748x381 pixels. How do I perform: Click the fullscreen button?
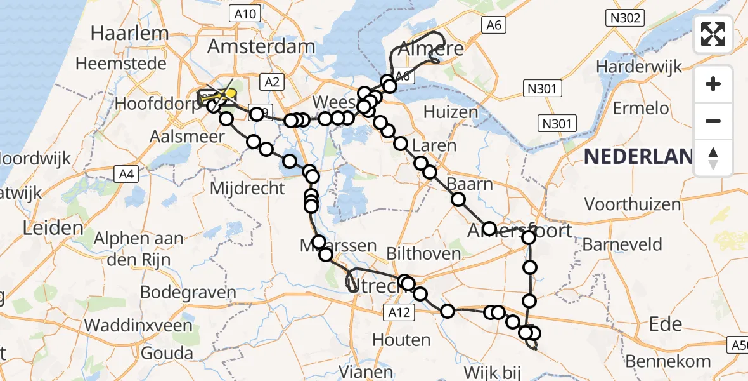click(713, 34)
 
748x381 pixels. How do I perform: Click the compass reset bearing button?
click(713, 158)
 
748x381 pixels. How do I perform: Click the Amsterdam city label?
click(261, 46)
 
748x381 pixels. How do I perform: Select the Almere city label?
click(430, 49)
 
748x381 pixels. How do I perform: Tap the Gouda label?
click(167, 353)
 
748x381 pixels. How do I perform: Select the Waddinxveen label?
click(138, 325)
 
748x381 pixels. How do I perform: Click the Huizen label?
click(451, 112)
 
